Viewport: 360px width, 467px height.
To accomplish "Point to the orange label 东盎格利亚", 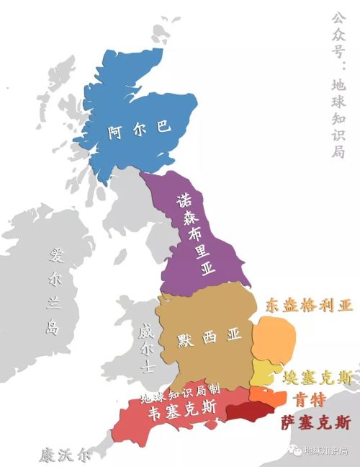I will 309,306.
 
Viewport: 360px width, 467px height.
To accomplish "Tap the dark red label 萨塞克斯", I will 315,422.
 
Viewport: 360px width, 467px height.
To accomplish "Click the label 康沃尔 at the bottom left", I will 66,455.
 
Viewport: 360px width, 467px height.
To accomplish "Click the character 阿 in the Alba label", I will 114,132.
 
